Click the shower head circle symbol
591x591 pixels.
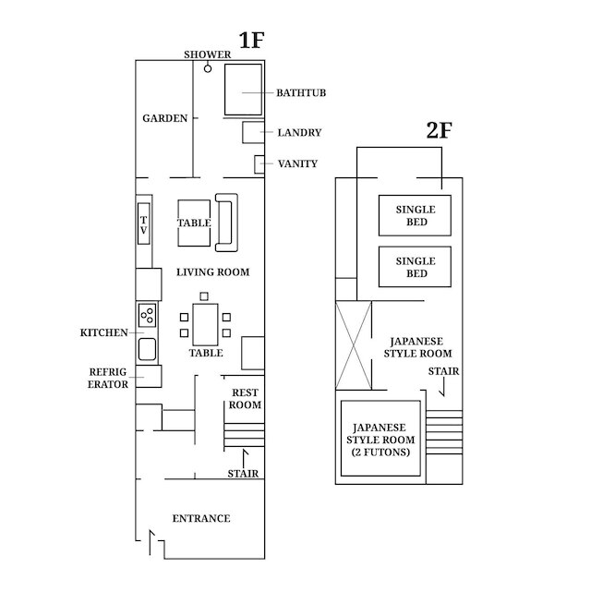[x=208, y=69]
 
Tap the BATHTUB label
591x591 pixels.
[x=301, y=92]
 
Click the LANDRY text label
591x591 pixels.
[x=299, y=133]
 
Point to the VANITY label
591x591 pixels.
[x=297, y=164]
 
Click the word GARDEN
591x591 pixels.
[x=164, y=118]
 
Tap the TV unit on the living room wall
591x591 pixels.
[x=144, y=223]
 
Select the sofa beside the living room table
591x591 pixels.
[x=226, y=223]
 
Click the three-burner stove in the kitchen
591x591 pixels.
[x=147, y=315]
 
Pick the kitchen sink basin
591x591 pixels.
[x=147, y=349]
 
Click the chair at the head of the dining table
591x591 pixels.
[x=204, y=296]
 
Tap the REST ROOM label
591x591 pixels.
[x=245, y=399]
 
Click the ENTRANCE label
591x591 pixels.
[x=201, y=519]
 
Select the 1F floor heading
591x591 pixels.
[x=251, y=41]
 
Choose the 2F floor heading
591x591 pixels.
[x=440, y=130]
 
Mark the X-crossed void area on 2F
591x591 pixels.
[x=354, y=345]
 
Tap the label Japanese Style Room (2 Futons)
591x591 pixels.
[x=380, y=440]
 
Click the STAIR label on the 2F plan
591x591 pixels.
[x=443, y=371]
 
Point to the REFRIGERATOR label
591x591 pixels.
[x=108, y=378]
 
